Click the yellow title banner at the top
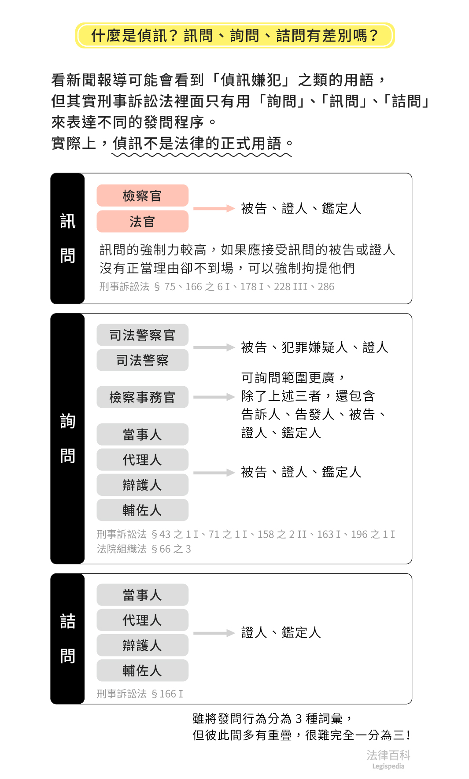235,35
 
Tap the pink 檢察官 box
142,196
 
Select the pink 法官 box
142,221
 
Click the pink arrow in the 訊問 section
214,208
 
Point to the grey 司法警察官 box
142,335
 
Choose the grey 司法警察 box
142,360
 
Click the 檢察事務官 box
142,397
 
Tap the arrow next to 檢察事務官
214,397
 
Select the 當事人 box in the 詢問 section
142,435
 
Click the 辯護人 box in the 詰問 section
142,646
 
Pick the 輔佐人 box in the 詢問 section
142,510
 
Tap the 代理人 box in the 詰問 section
142,620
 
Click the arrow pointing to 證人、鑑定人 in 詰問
214,633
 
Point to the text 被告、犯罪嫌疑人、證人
314,347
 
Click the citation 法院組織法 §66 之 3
144,549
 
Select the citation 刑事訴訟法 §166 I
140,694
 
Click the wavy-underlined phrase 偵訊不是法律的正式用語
197,143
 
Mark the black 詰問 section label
67,639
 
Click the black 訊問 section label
67,238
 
